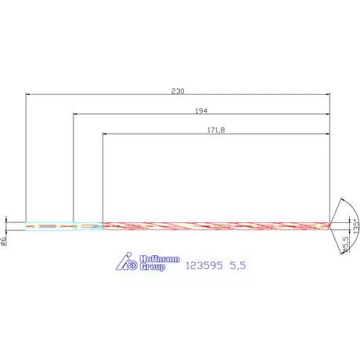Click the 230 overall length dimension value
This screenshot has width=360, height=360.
click(178, 92)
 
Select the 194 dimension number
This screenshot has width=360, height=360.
click(201, 111)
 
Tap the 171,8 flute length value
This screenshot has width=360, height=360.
click(214, 130)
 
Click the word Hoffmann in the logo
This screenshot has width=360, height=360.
click(153, 258)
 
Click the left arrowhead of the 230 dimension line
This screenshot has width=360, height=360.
click(29, 95)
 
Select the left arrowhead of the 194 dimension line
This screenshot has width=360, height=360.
click(76, 114)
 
